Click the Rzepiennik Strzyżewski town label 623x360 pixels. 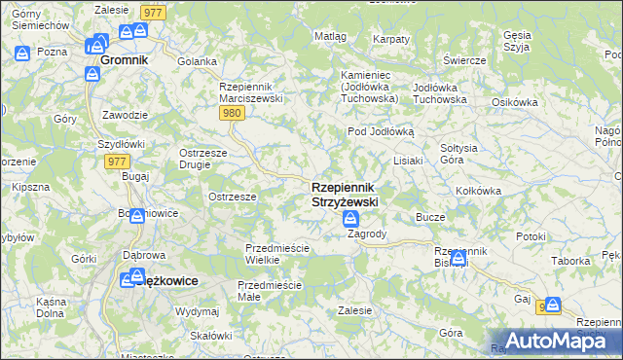[345, 194]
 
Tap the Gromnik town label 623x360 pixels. [124, 59]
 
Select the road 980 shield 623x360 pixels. [232, 114]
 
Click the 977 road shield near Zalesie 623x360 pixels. [151, 12]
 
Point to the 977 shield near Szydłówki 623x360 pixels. [117, 162]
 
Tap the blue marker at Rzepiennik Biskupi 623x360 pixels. [458, 258]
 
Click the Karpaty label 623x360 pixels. [391, 39]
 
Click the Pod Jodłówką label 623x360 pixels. [382, 130]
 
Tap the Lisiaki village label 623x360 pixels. [408, 161]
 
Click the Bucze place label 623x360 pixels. [430, 217]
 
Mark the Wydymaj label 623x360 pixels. [198, 311]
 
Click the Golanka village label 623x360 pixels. [198, 60]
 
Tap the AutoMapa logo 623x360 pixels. [551, 340]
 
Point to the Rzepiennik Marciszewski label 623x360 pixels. [250, 92]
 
